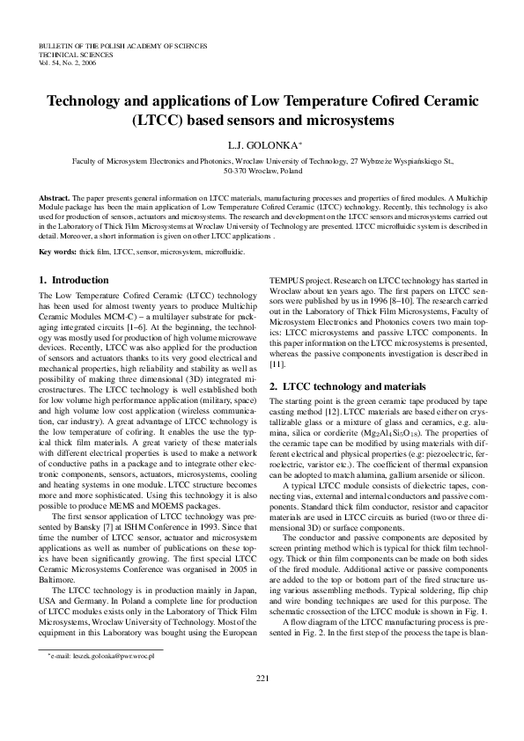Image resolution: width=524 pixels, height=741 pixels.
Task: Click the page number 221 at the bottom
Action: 262,701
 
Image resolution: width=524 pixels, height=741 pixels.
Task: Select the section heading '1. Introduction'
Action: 74,280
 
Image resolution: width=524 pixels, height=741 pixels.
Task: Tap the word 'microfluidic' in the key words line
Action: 224,252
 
